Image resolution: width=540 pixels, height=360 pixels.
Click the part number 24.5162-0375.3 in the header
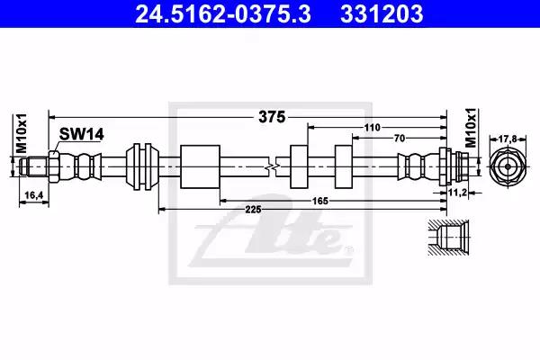223,14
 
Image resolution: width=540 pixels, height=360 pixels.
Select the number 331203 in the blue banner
382,14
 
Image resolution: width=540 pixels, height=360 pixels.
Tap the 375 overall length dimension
272,117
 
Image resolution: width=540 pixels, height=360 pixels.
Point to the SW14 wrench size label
81,134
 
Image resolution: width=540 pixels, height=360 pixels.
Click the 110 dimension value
373,128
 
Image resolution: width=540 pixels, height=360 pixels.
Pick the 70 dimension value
399,138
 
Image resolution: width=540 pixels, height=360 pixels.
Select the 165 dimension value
319,201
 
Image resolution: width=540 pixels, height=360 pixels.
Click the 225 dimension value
253,209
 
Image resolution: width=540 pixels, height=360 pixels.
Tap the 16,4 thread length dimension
34,195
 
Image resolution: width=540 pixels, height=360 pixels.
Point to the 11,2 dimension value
457,193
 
